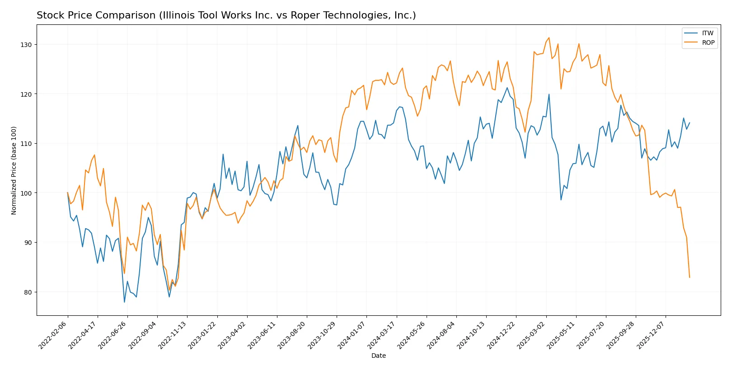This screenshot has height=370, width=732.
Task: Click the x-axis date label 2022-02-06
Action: click(x=53, y=335)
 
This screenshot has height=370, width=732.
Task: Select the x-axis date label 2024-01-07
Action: click(x=352, y=335)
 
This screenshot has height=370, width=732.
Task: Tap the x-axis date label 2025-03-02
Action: click(x=531, y=335)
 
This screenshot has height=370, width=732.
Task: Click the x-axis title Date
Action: click(x=378, y=356)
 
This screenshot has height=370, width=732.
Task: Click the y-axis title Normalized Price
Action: click(x=14, y=170)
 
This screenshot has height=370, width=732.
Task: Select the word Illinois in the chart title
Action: click(x=176, y=15)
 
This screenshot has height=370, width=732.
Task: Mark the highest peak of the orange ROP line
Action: click(x=549, y=37)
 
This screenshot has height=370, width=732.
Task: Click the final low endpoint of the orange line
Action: click(x=690, y=277)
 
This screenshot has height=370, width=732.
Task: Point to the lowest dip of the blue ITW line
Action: click(x=124, y=302)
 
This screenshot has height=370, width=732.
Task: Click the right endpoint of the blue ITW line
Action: click(x=690, y=123)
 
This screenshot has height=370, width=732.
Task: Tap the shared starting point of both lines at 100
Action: click(x=68, y=193)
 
